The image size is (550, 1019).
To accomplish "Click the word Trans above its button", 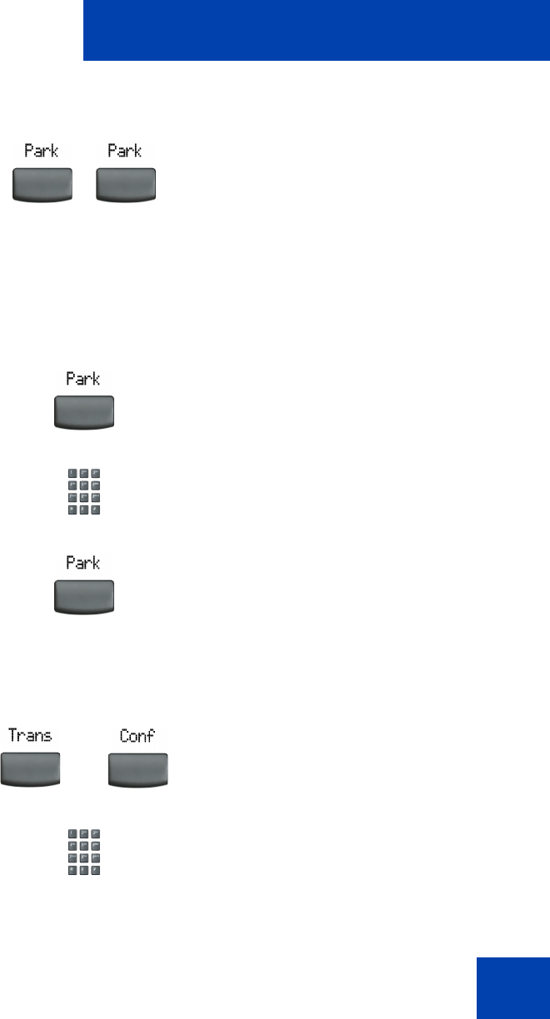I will pyautogui.click(x=30, y=735).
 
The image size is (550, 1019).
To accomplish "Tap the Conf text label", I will pyautogui.click(x=137, y=736).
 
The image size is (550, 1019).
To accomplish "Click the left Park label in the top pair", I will pyautogui.click(x=42, y=152).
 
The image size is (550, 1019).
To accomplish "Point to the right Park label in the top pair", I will pyautogui.click(x=125, y=152).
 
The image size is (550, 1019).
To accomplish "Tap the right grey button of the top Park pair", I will pyautogui.click(x=126, y=184).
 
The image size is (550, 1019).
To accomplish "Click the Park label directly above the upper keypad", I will pyautogui.click(x=83, y=379).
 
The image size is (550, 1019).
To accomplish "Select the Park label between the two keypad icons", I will pyautogui.click(x=83, y=563).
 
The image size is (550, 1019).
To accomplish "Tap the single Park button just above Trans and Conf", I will pyautogui.click(x=83, y=596).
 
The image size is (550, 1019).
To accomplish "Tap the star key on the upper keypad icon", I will pyautogui.click(x=72, y=509).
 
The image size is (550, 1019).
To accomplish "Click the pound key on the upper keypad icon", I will pyautogui.click(x=95, y=509).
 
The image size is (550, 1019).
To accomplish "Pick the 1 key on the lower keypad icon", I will pyautogui.click(x=72, y=833).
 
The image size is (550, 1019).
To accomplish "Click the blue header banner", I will pyautogui.click(x=316, y=31).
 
